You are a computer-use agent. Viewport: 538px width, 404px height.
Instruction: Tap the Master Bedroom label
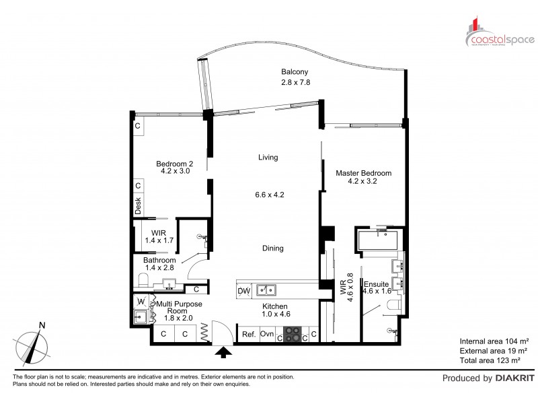click(363, 173)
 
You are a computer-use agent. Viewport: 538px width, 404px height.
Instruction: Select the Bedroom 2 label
click(175, 163)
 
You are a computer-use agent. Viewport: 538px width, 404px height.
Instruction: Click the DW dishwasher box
click(245, 290)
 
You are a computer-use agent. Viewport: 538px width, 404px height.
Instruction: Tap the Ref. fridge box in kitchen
click(248, 334)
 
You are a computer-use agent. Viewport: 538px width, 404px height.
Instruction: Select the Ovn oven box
click(267, 334)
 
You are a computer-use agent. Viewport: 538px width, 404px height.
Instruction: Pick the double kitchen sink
click(269, 290)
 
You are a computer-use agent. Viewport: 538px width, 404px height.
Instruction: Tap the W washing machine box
click(141, 300)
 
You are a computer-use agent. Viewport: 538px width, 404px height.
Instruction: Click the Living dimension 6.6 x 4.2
click(270, 195)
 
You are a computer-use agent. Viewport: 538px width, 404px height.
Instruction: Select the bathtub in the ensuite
click(381, 240)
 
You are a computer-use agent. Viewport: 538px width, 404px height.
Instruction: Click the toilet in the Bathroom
click(144, 280)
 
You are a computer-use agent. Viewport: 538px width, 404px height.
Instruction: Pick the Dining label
click(272, 248)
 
